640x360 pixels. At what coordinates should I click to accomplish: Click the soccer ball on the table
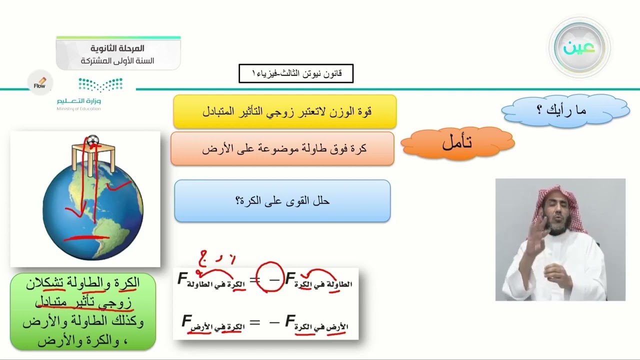[x=93, y=140]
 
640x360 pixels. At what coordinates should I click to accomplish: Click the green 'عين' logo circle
[x=579, y=47]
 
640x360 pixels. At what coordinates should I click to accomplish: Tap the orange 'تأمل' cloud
[x=457, y=143]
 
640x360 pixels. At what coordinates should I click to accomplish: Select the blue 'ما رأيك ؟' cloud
[x=565, y=110]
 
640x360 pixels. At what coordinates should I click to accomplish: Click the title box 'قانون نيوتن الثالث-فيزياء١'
[x=296, y=73]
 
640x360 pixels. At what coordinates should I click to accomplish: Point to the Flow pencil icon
[x=40, y=83]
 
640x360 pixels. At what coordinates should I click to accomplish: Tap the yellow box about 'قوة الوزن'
[x=284, y=111]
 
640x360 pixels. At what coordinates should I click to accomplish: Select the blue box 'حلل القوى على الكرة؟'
[x=282, y=201]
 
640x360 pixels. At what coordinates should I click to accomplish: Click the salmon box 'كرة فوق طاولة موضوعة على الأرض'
[x=282, y=148]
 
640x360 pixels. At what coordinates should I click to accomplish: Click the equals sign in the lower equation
[x=254, y=322]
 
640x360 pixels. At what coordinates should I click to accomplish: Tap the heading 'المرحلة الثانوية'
[x=118, y=48]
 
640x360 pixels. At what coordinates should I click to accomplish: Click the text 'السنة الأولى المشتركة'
[x=118, y=61]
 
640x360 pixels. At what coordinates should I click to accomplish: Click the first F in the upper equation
[x=182, y=279]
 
